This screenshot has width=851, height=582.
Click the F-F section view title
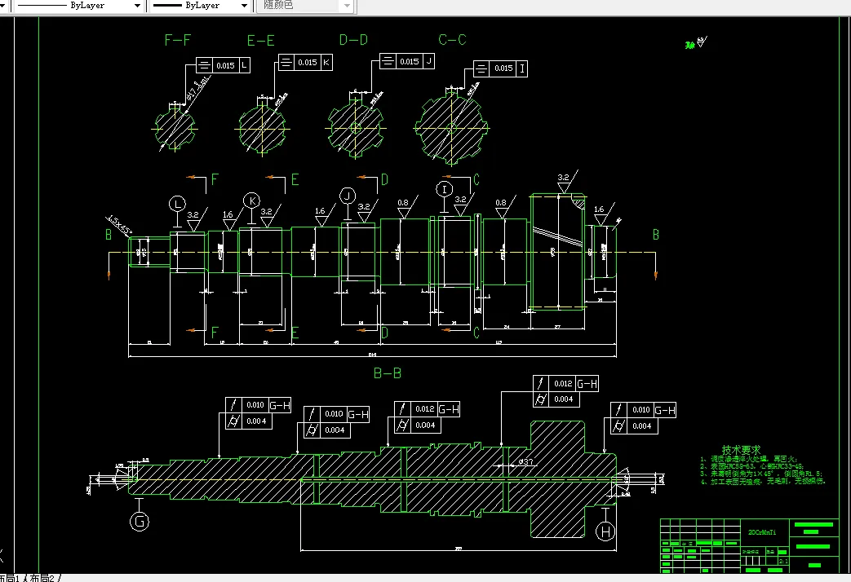[x=177, y=39]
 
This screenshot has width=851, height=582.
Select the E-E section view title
[x=261, y=40]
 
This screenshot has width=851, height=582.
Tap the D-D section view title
[x=354, y=39]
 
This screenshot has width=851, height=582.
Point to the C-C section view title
[x=452, y=39]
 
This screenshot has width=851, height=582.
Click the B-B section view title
[x=388, y=373]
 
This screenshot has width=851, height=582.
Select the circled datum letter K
[x=252, y=201]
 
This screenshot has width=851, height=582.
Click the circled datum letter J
[x=348, y=196]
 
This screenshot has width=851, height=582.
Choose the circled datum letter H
[x=605, y=531]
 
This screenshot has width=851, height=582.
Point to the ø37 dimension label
[x=525, y=462]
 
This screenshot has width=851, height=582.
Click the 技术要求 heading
[x=741, y=449]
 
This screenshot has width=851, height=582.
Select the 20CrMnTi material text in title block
[x=762, y=531]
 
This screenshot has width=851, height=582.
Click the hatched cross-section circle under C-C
[x=450, y=127]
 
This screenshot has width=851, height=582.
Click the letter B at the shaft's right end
[x=655, y=235]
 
